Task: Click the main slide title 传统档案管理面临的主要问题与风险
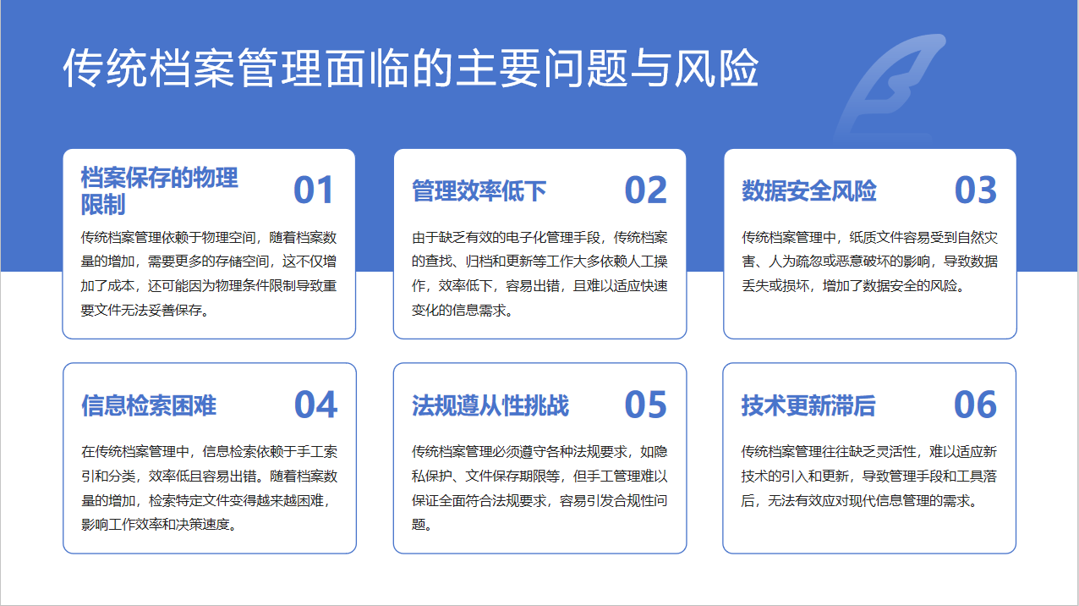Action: point(411,68)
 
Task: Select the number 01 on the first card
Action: point(314,190)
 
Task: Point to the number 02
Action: point(645,190)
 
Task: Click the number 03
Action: point(976,190)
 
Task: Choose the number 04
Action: point(315,405)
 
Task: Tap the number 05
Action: point(645,405)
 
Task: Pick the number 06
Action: point(976,405)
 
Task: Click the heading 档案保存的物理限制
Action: point(160,191)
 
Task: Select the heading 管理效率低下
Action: point(479,191)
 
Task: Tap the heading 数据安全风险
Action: point(809,191)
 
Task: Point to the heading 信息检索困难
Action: point(149,405)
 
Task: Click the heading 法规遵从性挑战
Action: point(490,405)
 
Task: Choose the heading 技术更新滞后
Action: point(808,405)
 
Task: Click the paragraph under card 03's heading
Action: point(869,262)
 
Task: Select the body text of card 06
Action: point(869,477)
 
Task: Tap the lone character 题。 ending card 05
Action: point(422,525)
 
